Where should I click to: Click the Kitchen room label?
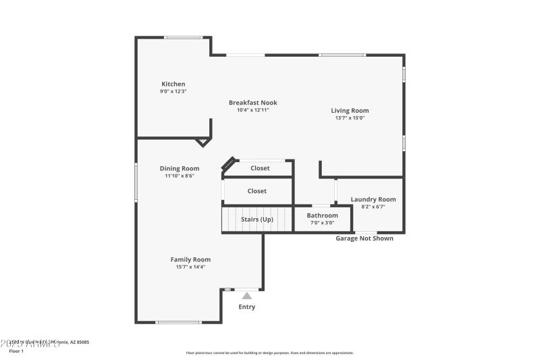point(173,84)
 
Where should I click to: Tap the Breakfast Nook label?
point(252,103)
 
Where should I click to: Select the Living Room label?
point(350,110)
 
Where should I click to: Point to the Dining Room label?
point(180,168)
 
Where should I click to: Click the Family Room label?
point(190,259)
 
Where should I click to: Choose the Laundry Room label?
point(373,199)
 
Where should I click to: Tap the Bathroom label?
point(322,215)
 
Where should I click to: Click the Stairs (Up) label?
point(257,219)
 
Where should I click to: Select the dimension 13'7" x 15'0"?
point(350,118)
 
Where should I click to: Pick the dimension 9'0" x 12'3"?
point(173,91)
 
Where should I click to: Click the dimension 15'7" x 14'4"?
point(190,267)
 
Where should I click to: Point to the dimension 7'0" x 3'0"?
point(322,223)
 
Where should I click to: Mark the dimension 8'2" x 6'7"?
point(373,207)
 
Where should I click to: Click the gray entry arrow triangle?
point(247,296)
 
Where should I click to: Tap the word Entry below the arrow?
point(247,307)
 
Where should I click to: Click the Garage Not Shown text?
point(364,238)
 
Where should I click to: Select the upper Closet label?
point(260,168)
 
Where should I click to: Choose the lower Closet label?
point(256,191)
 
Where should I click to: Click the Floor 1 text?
point(16,351)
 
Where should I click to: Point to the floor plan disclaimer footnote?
point(269,353)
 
